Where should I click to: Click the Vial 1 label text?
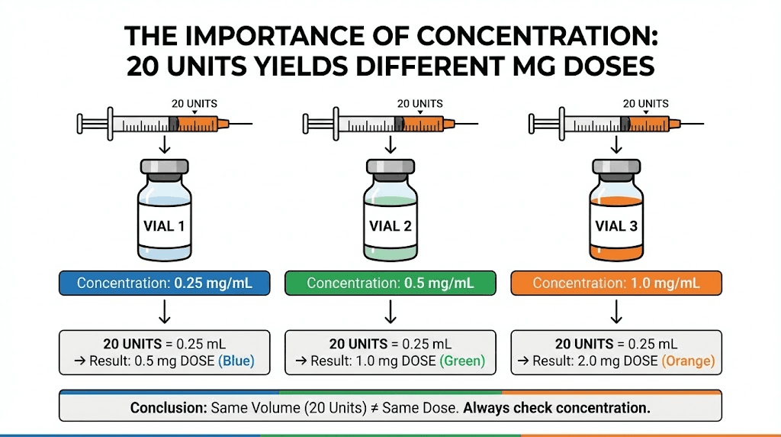(164, 225)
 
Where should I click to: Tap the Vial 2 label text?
(390, 225)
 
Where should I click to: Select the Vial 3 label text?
(616, 225)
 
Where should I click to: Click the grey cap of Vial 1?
(164, 168)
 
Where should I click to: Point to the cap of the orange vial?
(616, 168)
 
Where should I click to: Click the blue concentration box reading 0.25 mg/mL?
(164, 283)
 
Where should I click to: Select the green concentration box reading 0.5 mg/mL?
(390, 283)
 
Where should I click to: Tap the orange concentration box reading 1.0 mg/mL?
(616, 283)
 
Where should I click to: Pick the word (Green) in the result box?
(463, 361)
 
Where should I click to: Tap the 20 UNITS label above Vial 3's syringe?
(645, 103)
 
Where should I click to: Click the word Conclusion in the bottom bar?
(168, 408)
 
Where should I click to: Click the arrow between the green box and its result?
(390, 311)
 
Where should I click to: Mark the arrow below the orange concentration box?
(616, 311)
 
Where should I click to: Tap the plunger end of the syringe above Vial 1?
(80, 122)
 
